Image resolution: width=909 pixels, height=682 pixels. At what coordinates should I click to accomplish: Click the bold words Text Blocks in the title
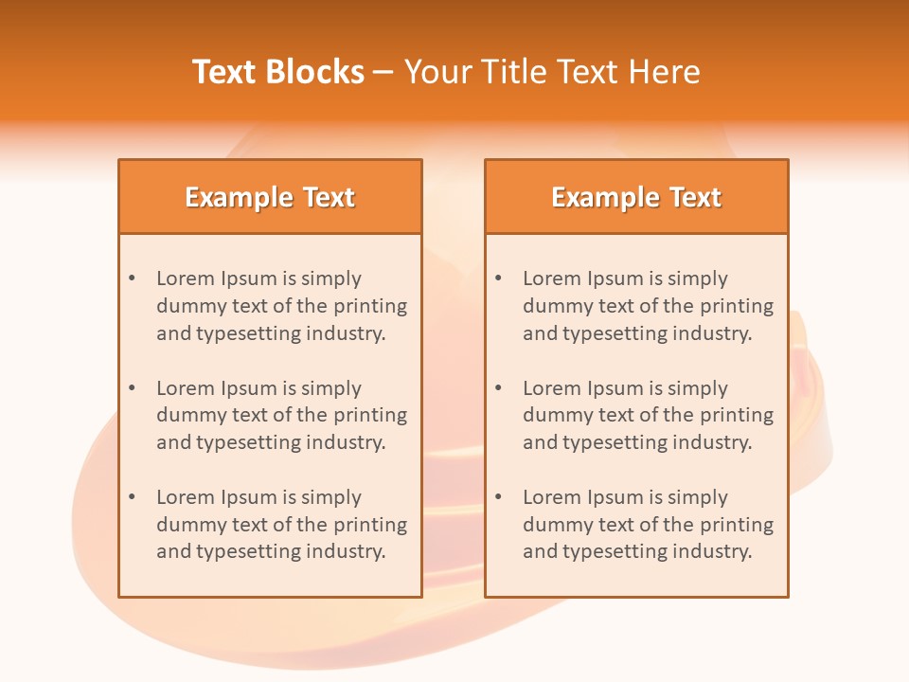click(278, 72)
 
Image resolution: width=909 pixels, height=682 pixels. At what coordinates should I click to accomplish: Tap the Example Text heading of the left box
click(270, 197)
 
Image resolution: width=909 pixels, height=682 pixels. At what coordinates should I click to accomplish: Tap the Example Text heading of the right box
click(636, 197)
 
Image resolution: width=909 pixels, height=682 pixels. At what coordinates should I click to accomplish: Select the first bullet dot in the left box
click(132, 278)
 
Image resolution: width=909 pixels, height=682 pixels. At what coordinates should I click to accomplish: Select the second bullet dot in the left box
click(132, 388)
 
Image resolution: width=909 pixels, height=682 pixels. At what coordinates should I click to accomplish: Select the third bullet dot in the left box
click(132, 497)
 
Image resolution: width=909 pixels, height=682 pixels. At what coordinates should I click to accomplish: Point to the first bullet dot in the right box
click(498, 278)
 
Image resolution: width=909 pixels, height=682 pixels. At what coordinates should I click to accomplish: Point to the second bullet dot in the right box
click(498, 388)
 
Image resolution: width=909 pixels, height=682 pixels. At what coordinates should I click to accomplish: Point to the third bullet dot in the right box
click(498, 497)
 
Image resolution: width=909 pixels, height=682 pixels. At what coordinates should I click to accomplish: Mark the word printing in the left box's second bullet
click(370, 415)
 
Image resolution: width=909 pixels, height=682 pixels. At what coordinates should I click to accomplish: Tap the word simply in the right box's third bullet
click(698, 497)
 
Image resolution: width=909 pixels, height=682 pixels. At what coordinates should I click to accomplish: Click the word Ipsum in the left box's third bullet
click(249, 497)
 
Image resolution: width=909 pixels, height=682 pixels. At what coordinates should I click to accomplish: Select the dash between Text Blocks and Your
click(383, 72)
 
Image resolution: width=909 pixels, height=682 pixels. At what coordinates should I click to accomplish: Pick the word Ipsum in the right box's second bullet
click(615, 388)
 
